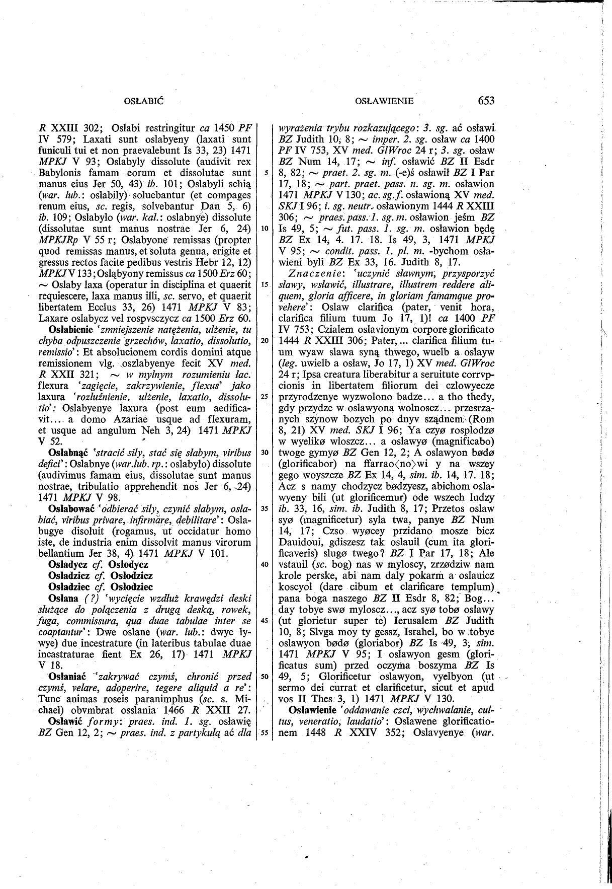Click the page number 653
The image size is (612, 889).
tap(486, 101)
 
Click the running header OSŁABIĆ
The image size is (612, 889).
tap(145, 101)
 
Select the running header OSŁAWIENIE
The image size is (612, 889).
tap(384, 101)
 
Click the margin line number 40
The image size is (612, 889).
tap(264, 564)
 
